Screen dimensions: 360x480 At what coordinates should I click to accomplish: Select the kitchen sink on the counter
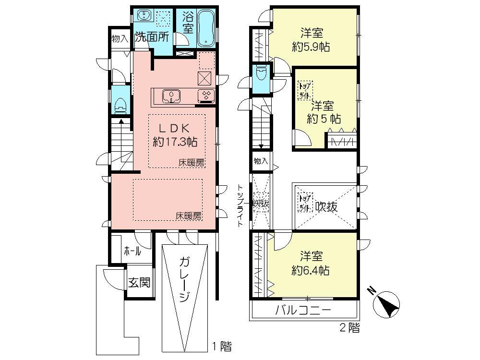click(171, 96)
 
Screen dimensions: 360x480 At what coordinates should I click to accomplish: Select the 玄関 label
click(139, 282)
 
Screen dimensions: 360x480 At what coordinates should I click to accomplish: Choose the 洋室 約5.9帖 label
click(312, 40)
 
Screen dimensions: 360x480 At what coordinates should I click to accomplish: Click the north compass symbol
click(387, 302)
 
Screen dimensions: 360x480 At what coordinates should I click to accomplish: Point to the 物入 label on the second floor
click(261, 161)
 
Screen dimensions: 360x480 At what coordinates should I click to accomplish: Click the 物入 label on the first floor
click(120, 38)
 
